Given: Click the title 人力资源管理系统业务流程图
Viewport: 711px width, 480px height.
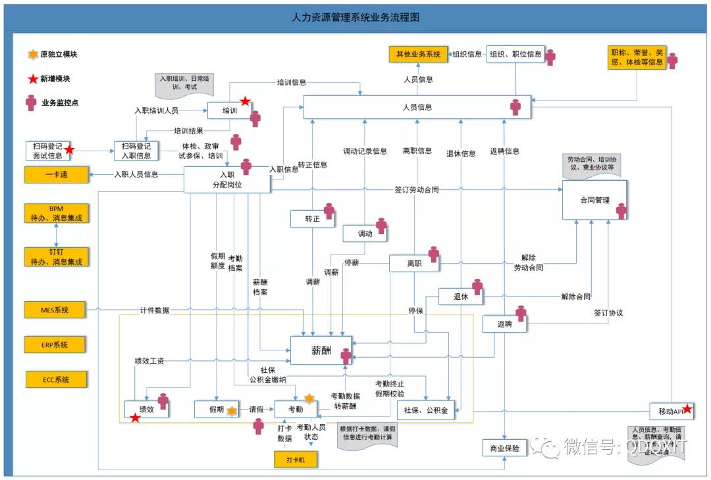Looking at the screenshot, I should (x=355, y=18).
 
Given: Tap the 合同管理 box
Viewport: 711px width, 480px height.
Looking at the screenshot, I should (x=594, y=200).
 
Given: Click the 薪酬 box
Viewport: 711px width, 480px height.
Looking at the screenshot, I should (x=321, y=350).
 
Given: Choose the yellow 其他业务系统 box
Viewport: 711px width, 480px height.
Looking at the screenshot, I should (x=418, y=55).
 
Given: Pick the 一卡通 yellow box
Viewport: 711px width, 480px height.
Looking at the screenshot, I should (x=57, y=175).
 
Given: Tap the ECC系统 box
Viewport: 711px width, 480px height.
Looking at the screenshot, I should (x=56, y=379).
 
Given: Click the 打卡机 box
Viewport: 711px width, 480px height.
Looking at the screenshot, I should (x=295, y=459).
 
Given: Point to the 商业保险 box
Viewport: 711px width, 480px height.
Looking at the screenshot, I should (x=505, y=449).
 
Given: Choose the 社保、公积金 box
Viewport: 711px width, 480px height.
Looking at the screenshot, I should (x=426, y=410).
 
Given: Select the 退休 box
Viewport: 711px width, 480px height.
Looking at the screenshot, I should (x=460, y=297).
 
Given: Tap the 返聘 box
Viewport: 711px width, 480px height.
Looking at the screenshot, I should (x=504, y=324).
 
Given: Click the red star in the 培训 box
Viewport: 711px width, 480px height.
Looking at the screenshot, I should (x=245, y=101).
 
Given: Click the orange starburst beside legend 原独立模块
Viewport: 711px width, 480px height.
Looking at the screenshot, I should (x=32, y=55).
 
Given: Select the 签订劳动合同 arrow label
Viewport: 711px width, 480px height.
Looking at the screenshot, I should (x=416, y=190).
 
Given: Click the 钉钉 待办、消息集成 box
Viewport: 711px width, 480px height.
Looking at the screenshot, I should (x=56, y=256).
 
